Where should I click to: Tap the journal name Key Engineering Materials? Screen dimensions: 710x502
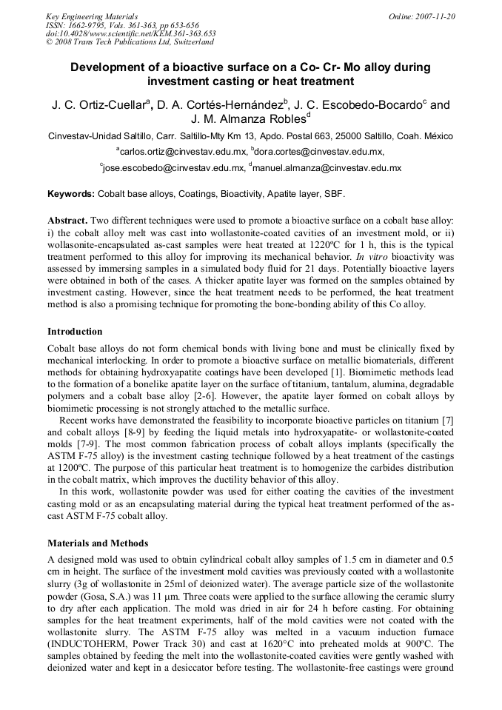[92, 16]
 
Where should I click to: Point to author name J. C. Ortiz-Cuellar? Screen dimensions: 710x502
[99, 106]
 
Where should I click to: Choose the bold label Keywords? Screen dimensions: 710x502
[71, 193]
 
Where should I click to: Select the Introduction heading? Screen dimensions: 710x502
[75, 331]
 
